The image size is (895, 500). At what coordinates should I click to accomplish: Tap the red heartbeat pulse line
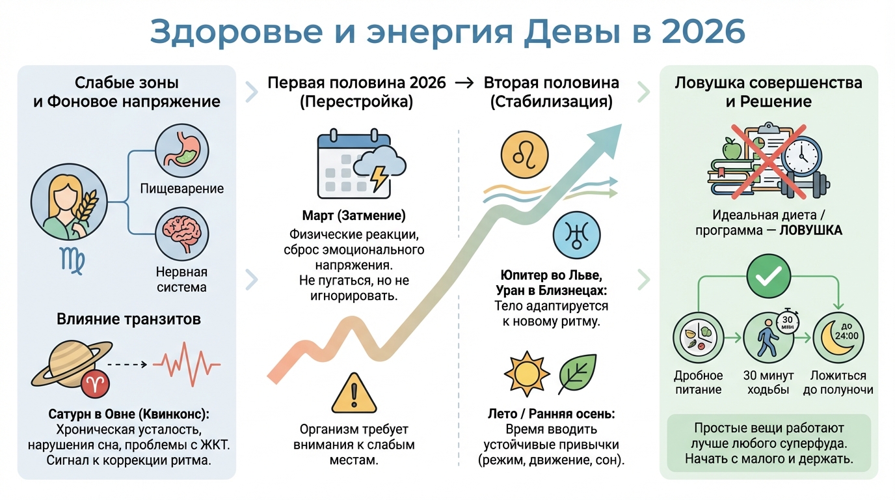coord(186,364)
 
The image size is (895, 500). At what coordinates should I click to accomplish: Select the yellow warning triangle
coord(354,394)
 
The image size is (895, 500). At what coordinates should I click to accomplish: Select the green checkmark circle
coord(766,276)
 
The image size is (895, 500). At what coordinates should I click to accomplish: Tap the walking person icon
coord(766,338)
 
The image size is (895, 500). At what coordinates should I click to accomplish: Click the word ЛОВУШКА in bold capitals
coord(812,230)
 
